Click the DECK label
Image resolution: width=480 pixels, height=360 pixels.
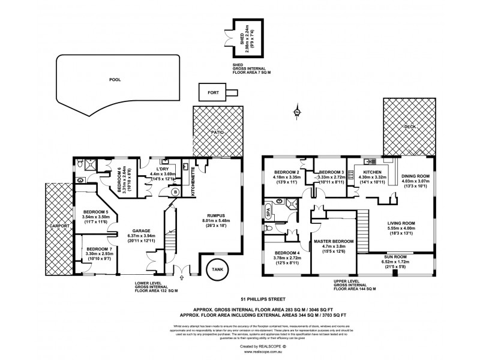[409, 127]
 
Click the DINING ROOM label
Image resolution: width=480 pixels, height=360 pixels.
[413, 176]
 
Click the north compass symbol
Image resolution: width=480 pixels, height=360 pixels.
[297, 112]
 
